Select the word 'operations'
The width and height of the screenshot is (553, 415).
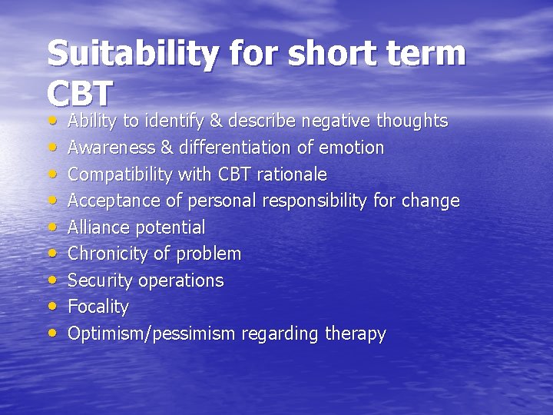click(x=181, y=281)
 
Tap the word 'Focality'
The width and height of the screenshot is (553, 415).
click(x=98, y=307)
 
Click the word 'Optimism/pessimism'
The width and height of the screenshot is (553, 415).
click(x=152, y=334)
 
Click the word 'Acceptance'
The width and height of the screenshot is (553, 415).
click(x=108, y=201)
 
